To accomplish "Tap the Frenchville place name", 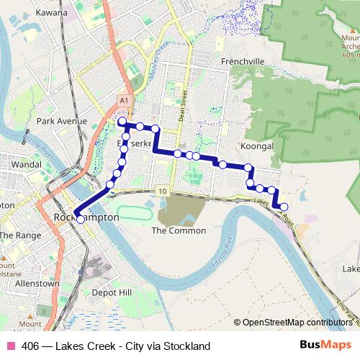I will coord(244,61).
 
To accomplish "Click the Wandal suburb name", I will coord(27,165).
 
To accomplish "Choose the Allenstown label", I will coord(37,284).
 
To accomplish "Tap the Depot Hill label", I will coord(112,292).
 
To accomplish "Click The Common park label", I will coord(179,230).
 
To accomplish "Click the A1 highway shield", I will coord(124,100).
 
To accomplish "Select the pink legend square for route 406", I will coord(10,346).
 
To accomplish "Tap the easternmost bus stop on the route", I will coord(284,207).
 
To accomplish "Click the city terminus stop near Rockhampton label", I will coord(80,219).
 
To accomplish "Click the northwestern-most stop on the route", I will coord(122,122).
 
